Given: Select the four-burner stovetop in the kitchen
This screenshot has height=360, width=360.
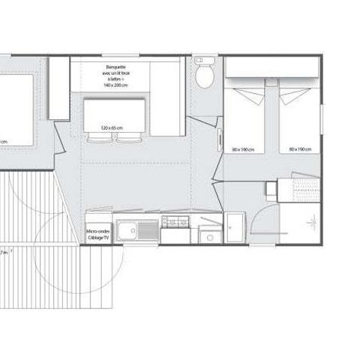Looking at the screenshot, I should pos(175,223).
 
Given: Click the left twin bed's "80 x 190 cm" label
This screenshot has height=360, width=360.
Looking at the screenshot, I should pos(243,149).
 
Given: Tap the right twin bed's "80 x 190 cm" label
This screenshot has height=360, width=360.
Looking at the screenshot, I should pos(301,149).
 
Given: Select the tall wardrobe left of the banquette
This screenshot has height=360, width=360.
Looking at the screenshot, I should pos(58,87).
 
